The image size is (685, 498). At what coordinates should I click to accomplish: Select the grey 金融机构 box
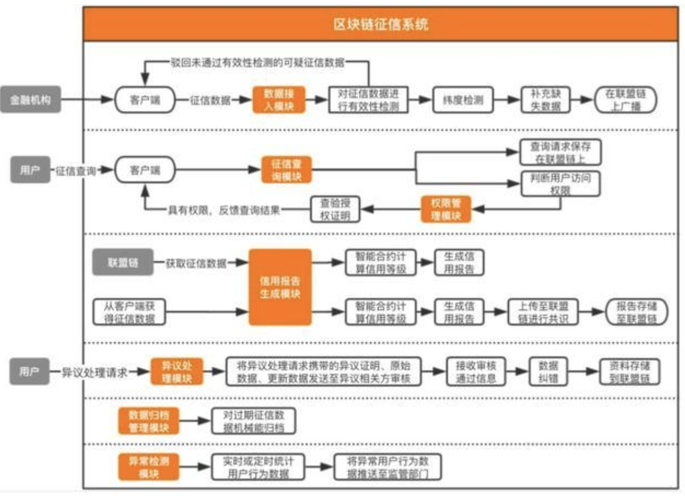30,100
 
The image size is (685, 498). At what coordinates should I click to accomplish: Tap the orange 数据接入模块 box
278,100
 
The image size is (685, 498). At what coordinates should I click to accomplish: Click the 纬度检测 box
459,100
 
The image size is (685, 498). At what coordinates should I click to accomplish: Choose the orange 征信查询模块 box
286,170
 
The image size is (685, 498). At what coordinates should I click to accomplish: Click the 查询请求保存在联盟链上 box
561,153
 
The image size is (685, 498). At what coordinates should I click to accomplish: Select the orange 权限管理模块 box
446,208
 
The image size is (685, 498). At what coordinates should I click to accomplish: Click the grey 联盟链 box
123,263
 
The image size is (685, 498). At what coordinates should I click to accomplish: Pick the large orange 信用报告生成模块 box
280,287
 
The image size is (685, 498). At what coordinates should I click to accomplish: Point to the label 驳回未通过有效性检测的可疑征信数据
257,62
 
